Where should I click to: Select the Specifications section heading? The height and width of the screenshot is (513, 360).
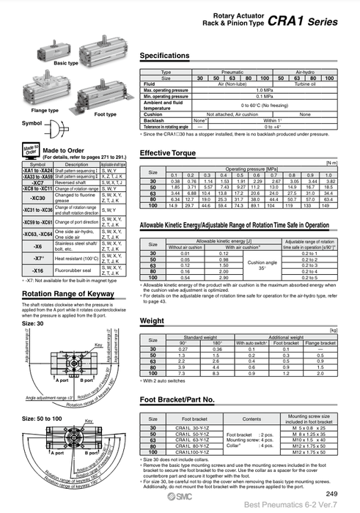pos(169,56)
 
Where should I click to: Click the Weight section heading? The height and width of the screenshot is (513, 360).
pos(152,321)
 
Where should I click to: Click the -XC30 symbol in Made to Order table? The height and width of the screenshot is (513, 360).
pos(37,198)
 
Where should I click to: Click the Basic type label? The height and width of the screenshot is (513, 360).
pos(66,64)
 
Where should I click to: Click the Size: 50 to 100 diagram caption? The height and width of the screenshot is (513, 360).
pos(40,418)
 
